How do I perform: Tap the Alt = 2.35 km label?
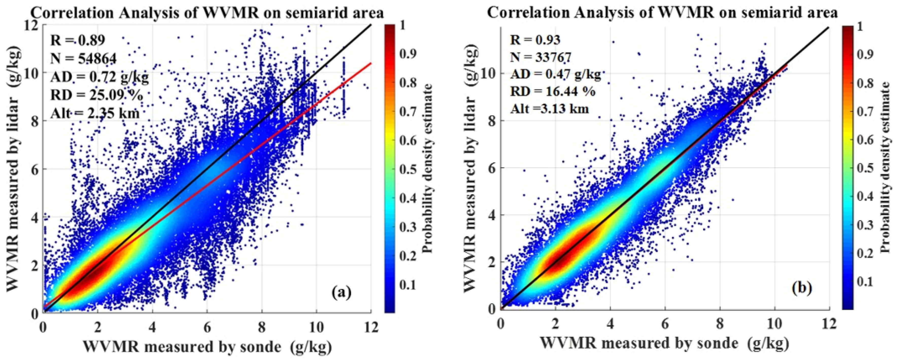95,113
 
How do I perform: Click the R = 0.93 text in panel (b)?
535,40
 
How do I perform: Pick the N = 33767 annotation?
540,57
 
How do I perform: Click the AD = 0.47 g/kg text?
555,75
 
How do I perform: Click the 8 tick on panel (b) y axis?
494,121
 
